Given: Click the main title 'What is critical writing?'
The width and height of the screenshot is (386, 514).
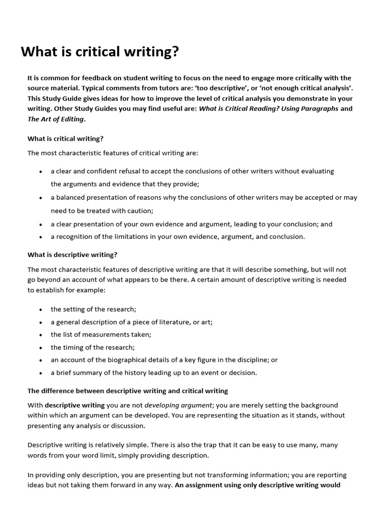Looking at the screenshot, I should pyautogui.click(x=100, y=52).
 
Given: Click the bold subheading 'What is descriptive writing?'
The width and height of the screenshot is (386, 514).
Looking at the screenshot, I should pyautogui.click(x=72, y=254).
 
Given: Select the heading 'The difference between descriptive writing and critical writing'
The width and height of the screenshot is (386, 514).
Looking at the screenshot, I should pyautogui.click(x=128, y=391).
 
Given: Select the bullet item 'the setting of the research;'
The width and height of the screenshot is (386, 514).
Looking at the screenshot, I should pyautogui.click(x=93, y=309).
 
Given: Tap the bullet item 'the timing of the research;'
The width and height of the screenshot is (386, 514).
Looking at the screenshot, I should pyautogui.click(x=93, y=347).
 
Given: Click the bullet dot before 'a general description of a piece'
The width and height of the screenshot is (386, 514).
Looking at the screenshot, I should pyautogui.click(x=40, y=322).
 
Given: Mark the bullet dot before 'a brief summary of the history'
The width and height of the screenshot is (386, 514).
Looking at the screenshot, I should pyautogui.click(x=40, y=373).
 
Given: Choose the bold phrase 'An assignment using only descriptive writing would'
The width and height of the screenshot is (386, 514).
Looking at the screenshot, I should pyautogui.click(x=257, y=485).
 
